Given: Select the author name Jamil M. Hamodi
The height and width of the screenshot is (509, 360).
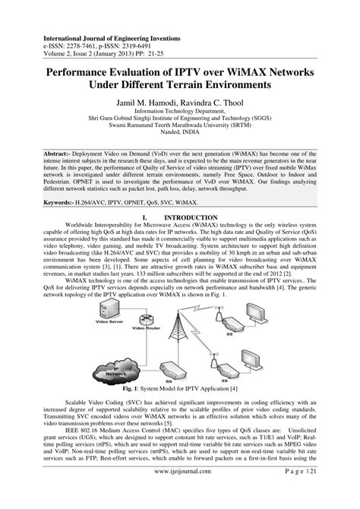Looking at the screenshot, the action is (147, 100).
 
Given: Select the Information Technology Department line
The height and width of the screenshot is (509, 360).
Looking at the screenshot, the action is (181, 111).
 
